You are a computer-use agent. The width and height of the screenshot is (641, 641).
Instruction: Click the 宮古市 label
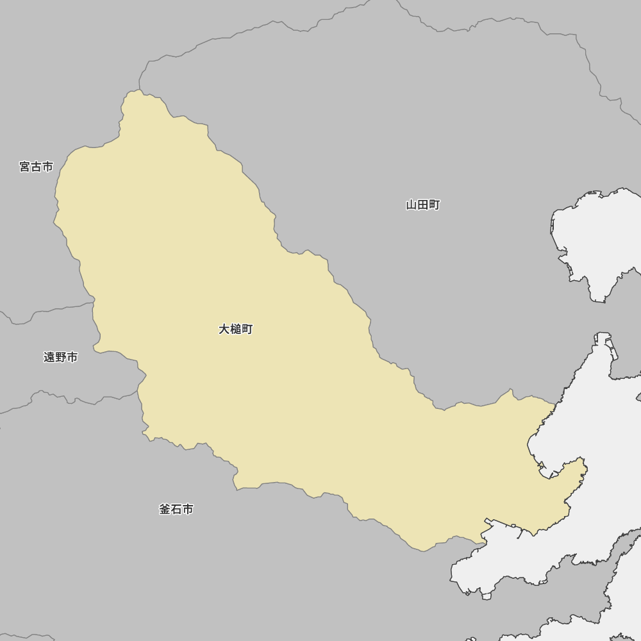click(x=36, y=167)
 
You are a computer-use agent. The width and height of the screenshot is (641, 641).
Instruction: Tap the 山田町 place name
click(x=422, y=205)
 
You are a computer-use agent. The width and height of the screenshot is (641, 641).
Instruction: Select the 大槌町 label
click(x=235, y=329)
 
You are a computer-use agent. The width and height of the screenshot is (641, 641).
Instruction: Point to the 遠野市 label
click(x=60, y=357)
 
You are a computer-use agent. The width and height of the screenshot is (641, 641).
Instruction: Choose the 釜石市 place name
click(x=176, y=509)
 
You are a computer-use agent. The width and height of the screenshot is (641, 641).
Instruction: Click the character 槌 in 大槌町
click(x=235, y=329)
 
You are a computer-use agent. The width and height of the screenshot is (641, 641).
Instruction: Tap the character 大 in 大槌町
click(x=224, y=329)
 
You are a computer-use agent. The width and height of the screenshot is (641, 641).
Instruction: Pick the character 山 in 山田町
click(x=412, y=205)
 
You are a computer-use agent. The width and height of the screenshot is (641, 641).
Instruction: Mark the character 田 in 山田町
click(x=422, y=205)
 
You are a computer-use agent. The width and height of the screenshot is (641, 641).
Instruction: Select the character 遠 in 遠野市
click(x=49, y=357)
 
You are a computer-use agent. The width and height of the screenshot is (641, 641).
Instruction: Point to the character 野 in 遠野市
click(x=60, y=357)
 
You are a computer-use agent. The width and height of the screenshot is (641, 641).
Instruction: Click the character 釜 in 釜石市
click(x=165, y=509)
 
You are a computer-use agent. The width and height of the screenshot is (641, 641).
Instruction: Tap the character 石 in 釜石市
click(x=176, y=509)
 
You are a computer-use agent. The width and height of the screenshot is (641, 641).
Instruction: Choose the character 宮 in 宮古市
click(x=25, y=167)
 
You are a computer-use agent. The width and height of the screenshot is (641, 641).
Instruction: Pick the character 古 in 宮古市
click(x=36, y=167)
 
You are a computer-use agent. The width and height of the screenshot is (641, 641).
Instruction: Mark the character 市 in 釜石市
click(x=187, y=509)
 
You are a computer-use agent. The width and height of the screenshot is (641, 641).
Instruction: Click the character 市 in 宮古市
click(x=47, y=167)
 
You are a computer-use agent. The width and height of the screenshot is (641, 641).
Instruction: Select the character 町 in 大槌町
click(x=247, y=329)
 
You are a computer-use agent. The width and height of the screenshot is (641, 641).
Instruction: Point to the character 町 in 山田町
click(x=434, y=205)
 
